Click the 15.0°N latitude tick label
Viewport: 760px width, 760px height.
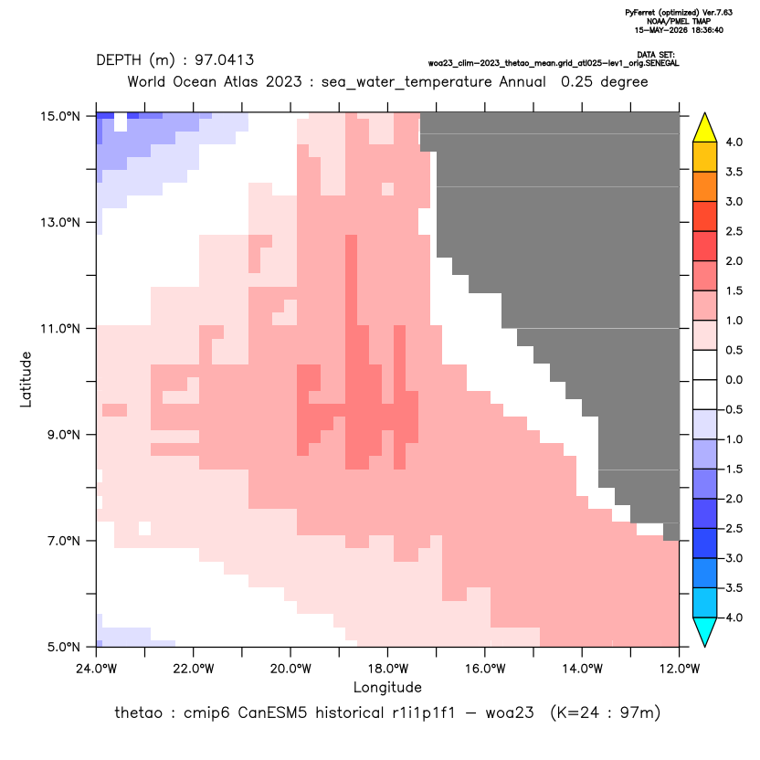click(x=60, y=116)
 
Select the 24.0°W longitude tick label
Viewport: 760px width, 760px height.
click(x=97, y=669)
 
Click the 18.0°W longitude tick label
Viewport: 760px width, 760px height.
click(x=387, y=669)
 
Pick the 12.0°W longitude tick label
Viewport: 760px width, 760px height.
click(x=680, y=669)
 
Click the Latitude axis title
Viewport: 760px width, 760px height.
click(x=26, y=379)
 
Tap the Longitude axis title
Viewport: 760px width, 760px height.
click(x=387, y=687)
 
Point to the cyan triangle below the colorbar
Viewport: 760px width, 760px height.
click(x=705, y=630)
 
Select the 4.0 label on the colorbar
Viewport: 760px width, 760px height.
click(x=734, y=142)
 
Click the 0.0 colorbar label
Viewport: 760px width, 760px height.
click(x=734, y=380)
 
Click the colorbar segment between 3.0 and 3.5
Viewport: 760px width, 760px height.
click(x=705, y=186)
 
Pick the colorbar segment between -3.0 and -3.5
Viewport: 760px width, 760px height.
click(x=705, y=573)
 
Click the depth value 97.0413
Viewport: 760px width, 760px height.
click(x=225, y=60)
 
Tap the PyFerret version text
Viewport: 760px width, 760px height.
click(x=679, y=13)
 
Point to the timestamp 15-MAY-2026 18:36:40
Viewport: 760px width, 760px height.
click(x=679, y=30)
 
